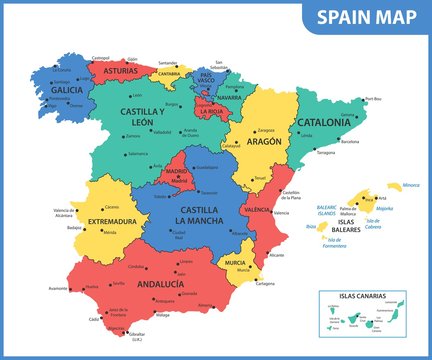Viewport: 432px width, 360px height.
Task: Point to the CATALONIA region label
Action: [x=323, y=123]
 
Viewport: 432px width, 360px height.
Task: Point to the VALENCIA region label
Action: [x=257, y=210]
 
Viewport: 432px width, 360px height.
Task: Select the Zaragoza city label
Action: [x=265, y=130]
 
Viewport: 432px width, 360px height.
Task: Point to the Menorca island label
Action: [x=410, y=185]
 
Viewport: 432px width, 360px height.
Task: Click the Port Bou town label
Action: [x=373, y=99]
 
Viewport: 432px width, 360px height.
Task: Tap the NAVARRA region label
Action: [x=229, y=98]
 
